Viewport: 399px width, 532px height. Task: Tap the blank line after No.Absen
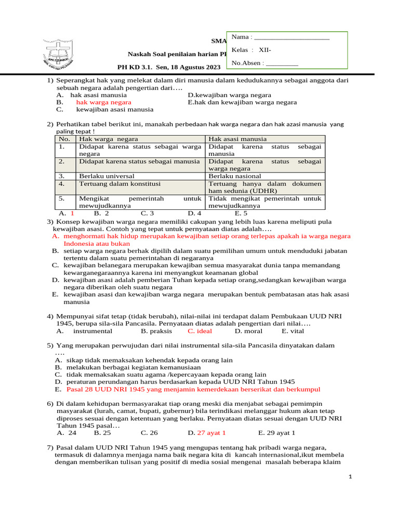tap(282, 64)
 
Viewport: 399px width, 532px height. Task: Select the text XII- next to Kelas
tap(265, 50)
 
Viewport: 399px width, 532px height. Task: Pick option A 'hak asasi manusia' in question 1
tap(98, 95)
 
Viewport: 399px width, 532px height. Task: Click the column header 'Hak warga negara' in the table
tap(104, 139)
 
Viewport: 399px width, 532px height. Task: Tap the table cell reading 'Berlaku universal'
tap(107, 176)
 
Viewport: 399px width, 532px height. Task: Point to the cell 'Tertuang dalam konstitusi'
tap(119, 184)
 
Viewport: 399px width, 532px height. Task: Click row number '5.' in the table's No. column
tap(61, 198)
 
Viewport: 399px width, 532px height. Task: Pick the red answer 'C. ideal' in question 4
tap(199, 331)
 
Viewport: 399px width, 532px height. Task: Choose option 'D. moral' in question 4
tap(248, 331)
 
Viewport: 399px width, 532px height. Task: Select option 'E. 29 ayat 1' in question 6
tap(276, 432)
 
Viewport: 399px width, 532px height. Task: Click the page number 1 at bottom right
tap(350, 477)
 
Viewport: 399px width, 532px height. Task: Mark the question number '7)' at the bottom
tap(50, 447)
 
